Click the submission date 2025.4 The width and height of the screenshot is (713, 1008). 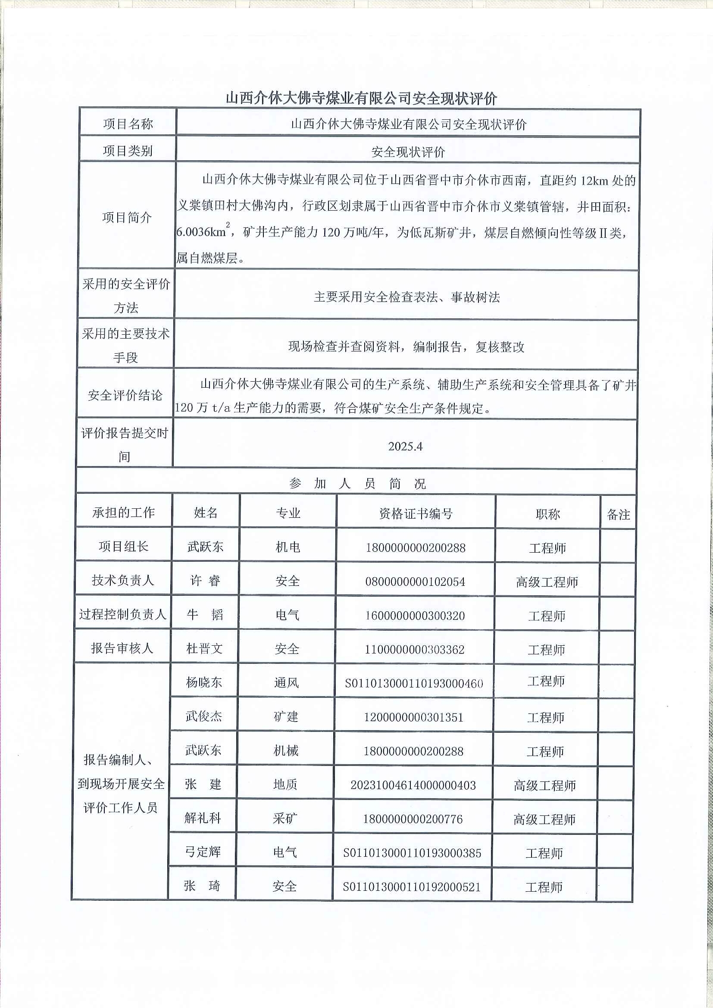405,446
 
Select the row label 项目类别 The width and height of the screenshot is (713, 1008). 128,151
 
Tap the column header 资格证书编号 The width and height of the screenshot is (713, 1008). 416,513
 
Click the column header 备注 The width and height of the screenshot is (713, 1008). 618,514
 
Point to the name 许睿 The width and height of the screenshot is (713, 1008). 205,581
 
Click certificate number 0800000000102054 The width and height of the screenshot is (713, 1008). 415,582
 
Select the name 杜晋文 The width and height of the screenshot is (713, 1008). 204,648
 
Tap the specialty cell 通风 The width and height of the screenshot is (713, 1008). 286,683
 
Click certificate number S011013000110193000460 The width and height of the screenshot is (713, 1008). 414,684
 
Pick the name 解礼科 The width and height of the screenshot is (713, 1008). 203,818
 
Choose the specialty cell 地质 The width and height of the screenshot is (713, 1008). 285,784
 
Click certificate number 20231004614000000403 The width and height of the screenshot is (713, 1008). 413,785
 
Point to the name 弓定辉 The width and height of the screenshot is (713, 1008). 203,852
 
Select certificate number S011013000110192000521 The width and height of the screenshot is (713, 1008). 412,887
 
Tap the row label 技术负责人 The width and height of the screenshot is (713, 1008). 123,580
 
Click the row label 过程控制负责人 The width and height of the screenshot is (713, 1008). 122,614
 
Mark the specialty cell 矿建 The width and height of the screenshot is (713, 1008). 286,716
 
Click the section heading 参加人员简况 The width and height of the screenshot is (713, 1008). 357,484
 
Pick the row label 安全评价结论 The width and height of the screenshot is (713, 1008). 125,395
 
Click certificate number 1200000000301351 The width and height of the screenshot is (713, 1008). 413,717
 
